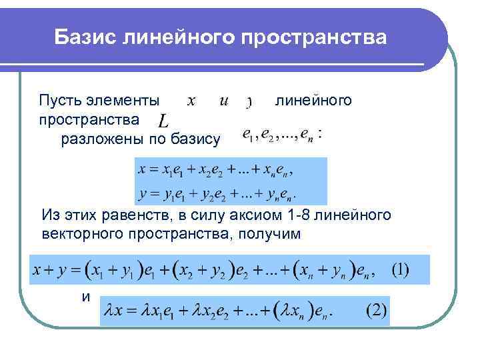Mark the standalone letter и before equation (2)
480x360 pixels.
[x=85, y=297]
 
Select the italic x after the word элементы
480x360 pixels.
[x=190, y=101]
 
